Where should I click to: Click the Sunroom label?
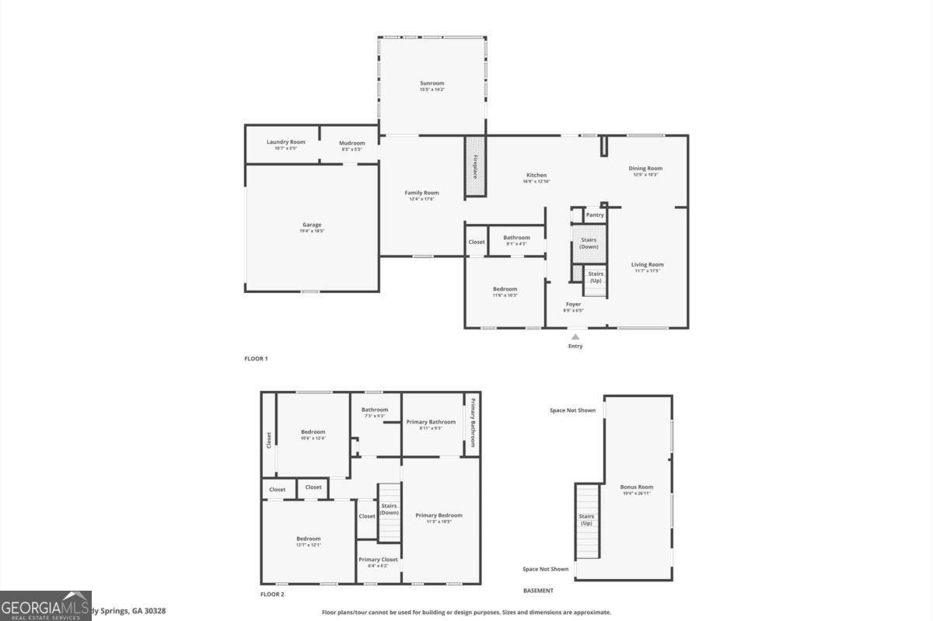tap(432, 83)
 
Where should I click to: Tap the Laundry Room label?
tap(285, 142)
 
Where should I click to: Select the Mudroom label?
tap(351, 143)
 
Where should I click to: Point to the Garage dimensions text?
tap(312, 231)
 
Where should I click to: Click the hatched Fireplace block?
tap(475, 166)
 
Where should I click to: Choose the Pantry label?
tap(595, 215)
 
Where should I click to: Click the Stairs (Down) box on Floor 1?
tap(589, 243)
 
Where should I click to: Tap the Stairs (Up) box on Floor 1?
tap(596, 277)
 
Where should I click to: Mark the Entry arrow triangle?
tap(575, 337)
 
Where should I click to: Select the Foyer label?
tap(573, 304)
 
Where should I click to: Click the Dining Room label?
tap(645, 168)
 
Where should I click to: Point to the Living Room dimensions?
tap(647, 271)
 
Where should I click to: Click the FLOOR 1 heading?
tap(256, 358)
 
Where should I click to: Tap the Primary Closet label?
tap(378, 560)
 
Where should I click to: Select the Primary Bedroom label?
tap(439, 515)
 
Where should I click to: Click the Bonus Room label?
tap(636, 487)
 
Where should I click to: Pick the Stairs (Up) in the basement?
tap(587, 520)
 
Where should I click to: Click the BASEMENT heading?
tap(538, 591)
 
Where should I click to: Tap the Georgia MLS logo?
tap(45, 605)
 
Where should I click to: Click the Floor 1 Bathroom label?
tap(516, 238)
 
